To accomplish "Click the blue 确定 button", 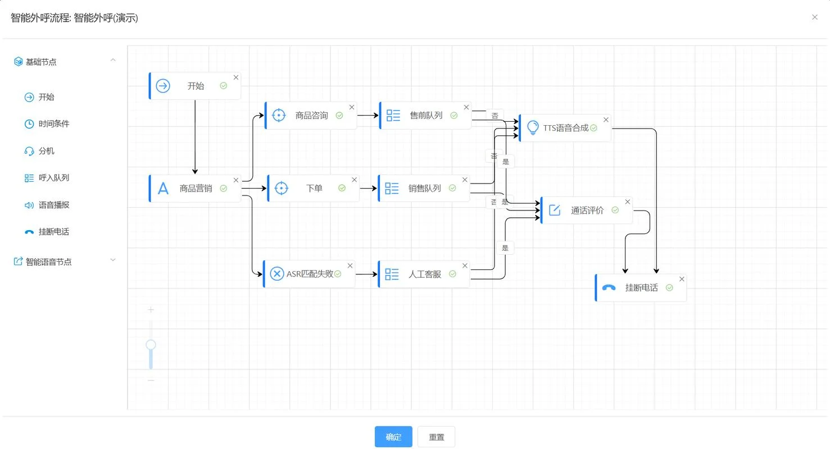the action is pos(393,437).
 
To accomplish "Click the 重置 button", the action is pos(436,437).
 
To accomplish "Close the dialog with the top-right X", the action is pos(814,17).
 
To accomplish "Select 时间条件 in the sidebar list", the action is pos(54,123).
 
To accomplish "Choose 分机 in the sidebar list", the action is pos(46,150).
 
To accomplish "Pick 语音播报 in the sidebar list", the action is pos(54,205).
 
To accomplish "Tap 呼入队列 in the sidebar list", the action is pos(54,178).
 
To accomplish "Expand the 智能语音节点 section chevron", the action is pos(113,260).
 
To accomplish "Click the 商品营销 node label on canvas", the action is pos(196,189).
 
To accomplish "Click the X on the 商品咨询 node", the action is pos(352,107).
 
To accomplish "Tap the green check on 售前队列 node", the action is pos(453,116).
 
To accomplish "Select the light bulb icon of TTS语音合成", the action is pos(533,128).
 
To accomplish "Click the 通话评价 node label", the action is pos(587,210).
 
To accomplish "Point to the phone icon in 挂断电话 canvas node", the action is pos(609,287).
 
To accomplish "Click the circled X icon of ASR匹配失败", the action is pos(276,274).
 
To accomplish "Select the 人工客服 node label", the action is pos(424,274).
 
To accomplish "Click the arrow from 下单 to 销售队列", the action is pos(368,189).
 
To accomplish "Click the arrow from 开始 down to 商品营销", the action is pos(195,137).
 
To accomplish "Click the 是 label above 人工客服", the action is pos(505,248).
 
